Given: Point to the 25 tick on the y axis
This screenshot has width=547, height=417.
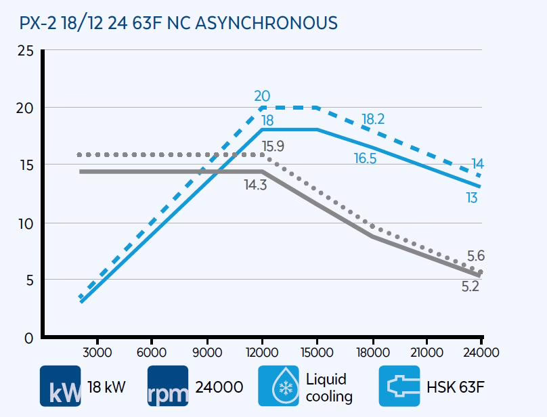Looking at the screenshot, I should [x=26, y=51].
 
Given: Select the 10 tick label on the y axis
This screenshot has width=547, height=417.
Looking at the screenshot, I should [x=26, y=223].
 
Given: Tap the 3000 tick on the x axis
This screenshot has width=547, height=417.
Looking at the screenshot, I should [x=96, y=352].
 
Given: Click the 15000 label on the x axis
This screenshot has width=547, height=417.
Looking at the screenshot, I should [x=317, y=352].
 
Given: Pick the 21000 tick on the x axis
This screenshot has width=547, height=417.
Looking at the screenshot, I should [x=428, y=352].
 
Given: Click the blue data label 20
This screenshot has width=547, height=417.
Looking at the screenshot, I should [x=263, y=97].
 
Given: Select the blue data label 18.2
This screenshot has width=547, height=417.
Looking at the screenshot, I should [x=373, y=119].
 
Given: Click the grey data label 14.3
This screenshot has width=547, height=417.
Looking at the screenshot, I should [x=256, y=183].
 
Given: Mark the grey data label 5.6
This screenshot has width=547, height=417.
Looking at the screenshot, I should [x=475, y=256].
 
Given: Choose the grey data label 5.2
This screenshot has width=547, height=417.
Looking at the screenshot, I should [x=471, y=286].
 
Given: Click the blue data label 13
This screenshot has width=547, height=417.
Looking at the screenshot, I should [x=471, y=198].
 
